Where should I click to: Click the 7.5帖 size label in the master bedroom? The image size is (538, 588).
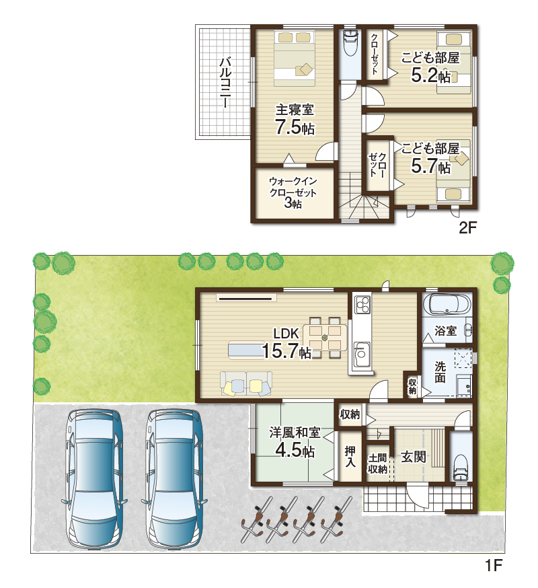(x=295, y=126)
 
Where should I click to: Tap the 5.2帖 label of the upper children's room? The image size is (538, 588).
(x=430, y=75)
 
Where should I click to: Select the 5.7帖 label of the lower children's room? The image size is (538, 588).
(x=430, y=166)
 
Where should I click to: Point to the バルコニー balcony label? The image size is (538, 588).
(x=225, y=82)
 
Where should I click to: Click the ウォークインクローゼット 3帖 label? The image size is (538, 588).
(x=293, y=192)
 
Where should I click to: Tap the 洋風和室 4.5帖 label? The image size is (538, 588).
(x=295, y=442)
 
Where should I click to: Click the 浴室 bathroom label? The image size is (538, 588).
(x=445, y=331)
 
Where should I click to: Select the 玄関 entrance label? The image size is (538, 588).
(x=413, y=457)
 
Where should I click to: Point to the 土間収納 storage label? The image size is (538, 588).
(x=377, y=464)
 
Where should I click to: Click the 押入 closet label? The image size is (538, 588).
(x=350, y=456)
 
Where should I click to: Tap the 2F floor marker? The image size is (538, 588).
(x=467, y=227)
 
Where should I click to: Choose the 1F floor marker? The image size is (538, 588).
(x=494, y=564)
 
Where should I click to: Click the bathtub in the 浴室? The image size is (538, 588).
(x=449, y=304)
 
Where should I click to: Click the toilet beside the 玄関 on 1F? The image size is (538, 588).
(x=460, y=467)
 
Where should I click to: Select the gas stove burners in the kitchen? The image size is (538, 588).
(x=362, y=304)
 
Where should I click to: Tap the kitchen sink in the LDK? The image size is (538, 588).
(x=361, y=355)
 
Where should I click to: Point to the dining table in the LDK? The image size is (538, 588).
(x=325, y=338)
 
